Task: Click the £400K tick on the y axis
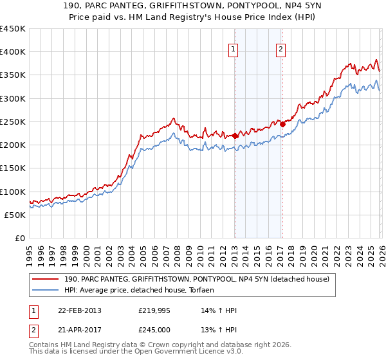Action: [x=13, y=52]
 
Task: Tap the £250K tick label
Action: [x=13, y=122]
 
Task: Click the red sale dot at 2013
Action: [x=235, y=136]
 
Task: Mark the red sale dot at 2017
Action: [x=282, y=124]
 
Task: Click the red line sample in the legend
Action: [x=46, y=279]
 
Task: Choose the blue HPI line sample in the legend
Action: [x=46, y=291]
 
